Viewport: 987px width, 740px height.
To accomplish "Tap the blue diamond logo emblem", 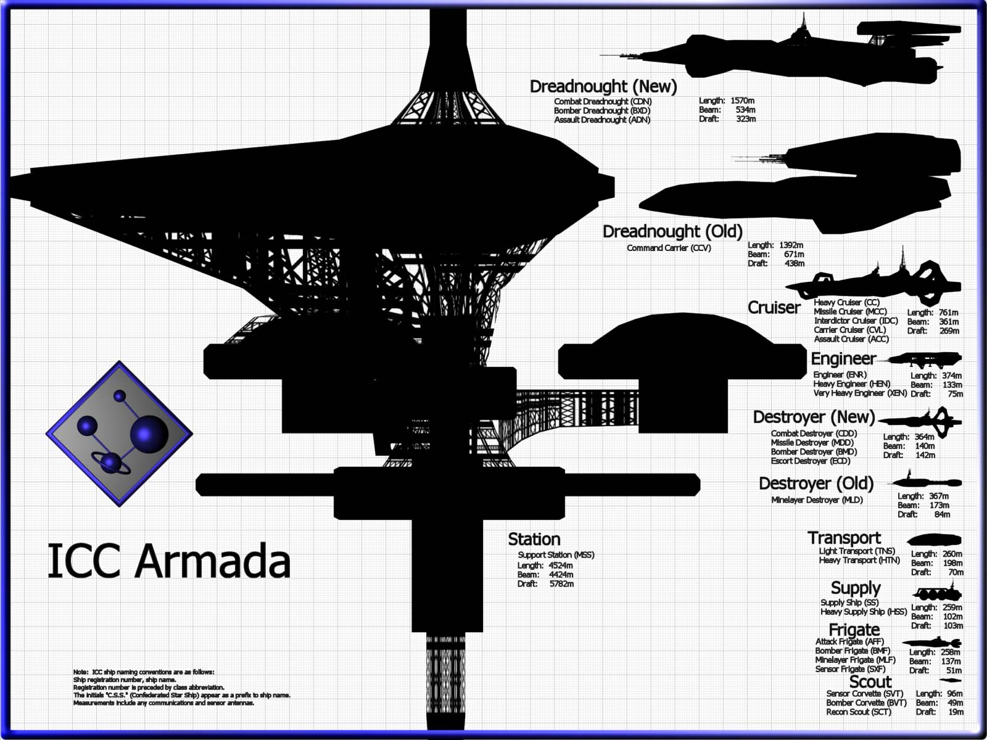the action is [x=119, y=434].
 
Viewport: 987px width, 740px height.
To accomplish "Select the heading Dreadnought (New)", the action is [x=603, y=86].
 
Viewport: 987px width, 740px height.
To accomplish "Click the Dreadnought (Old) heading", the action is [x=672, y=231].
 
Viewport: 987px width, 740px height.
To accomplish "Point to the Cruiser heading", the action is [x=774, y=308].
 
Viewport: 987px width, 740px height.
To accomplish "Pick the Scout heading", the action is [x=870, y=682].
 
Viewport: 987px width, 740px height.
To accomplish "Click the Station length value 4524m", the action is [x=560, y=565].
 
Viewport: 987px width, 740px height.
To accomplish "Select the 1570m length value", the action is [x=742, y=101].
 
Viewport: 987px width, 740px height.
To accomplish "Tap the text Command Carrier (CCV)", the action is [x=669, y=248].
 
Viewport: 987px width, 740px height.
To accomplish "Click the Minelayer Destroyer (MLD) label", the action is [x=817, y=500].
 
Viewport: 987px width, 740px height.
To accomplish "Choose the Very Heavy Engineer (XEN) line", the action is [x=860, y=393].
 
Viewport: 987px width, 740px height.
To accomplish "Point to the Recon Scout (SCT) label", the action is [x=859, y=712].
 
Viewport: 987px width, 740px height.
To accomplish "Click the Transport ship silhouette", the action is [x=934, y=540].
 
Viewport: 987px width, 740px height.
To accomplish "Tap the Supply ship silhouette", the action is [x=938, y=593].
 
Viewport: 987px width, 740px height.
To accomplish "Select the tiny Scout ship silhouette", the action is [x=950, y=681].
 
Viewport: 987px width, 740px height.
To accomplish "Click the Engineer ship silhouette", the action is [x=924, y=359].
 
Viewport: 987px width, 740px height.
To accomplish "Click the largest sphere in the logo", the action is [x=149, y=435].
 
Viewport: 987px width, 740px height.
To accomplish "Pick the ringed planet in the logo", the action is [x=111, y=463].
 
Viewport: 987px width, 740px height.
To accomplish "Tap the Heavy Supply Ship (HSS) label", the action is [x=864, y=612].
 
